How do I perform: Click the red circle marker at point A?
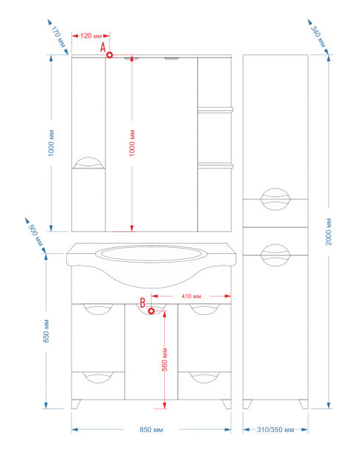click(110, 54)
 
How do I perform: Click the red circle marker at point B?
click(151, 311)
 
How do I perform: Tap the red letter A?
click(103, 47)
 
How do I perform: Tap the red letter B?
click(143, 303)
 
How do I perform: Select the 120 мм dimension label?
click(91, 36)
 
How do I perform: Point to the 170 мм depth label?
click(58, 37)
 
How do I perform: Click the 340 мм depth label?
click(318, 36)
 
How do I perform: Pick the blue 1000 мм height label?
click(52, 143)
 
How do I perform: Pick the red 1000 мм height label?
click(132, 143)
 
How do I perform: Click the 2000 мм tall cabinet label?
click(328, 232)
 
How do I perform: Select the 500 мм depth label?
click(35, 235)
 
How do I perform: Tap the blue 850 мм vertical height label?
click(46, 331)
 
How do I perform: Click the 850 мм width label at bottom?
click(151, 430)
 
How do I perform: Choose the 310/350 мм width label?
click(275, 430)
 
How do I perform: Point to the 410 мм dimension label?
click(191, 297)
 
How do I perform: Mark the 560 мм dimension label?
click(164, 360)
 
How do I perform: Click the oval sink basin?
click(151, 254)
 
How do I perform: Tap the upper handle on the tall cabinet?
click(275, 199)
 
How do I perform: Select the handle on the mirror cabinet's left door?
click(88, 163)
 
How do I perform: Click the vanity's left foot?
click(76, 405)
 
